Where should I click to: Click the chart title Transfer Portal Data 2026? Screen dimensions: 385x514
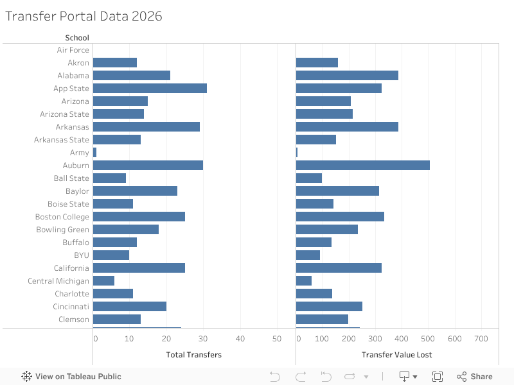point(84,17)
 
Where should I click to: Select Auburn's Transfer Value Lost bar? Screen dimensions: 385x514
point(362,166)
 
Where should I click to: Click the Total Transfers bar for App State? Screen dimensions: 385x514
point(150,89)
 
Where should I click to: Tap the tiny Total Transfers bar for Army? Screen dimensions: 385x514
point(94,153)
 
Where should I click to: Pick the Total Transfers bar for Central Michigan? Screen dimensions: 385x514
point(103,281)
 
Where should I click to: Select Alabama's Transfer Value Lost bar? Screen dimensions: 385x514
point(347,76)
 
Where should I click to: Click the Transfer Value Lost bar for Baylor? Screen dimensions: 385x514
point(337,191)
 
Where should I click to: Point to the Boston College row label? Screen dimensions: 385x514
point(62,217)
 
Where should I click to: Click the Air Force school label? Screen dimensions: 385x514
point(73,50)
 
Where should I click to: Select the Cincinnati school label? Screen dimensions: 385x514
point(71,307)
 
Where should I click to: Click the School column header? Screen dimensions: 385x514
point(77,38)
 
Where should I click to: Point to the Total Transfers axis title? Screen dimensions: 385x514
point(193,355)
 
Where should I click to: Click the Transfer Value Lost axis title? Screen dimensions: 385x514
point(396,355)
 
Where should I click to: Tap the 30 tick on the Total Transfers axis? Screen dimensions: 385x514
point(203,339)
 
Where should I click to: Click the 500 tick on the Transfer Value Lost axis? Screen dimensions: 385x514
point(428,339)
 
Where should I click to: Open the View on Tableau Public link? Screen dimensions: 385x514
point(71,377)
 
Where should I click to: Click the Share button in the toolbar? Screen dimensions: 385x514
point(475,377)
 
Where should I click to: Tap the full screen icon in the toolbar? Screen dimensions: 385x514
point(438,377)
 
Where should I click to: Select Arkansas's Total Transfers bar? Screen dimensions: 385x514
point(146,127)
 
